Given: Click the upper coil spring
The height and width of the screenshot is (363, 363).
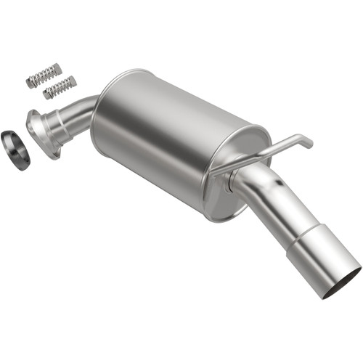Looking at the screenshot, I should [x=45, y=75].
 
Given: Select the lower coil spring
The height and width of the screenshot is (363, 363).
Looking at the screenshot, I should [x=60, y=87].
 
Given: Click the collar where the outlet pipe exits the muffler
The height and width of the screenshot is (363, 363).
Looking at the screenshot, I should [x=236, y=181].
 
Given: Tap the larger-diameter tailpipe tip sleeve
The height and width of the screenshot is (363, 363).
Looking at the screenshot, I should [x=323, y=261].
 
